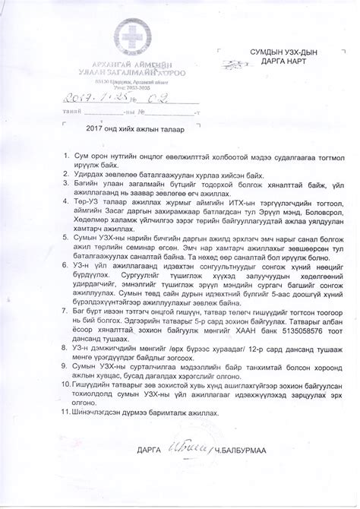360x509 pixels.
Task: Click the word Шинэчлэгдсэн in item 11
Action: coord(97,413)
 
